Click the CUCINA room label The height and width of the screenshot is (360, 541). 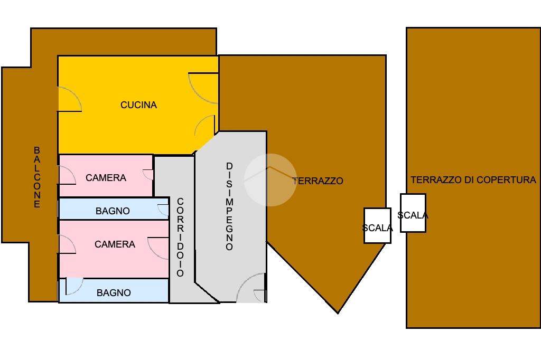coord(138,105)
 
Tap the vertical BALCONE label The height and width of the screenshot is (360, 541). coord(37,177)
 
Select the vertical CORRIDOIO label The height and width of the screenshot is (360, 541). coord(180,237)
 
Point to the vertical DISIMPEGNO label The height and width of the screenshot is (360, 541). coord(229,206)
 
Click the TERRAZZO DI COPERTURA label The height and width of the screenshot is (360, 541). coord(473,180)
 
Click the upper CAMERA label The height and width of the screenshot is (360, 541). coord(106,178)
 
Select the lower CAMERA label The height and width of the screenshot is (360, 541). coord(115,244)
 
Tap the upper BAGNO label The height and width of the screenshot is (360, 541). coord(113,211)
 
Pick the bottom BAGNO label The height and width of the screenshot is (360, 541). coord(114,292)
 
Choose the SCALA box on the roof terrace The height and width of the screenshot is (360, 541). coord(413,213)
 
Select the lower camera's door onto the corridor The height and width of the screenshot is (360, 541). coord(158,248)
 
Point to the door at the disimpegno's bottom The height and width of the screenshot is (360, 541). coord(250,288)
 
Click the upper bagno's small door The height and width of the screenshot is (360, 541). coord(163,211)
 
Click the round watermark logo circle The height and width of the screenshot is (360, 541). coord(270,179)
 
